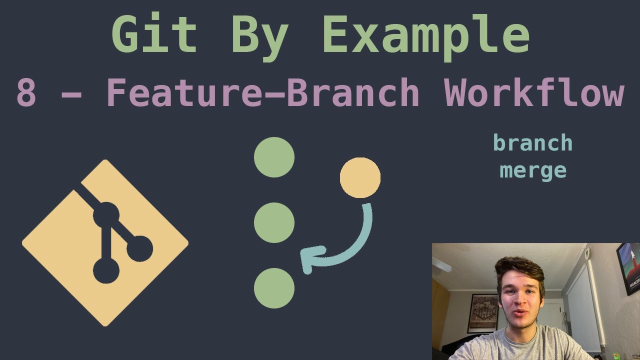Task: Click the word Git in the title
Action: pos(154,35)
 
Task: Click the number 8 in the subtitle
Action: pos(26,93)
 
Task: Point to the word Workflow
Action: pos(534,93)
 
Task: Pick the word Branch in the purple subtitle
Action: pos(352,93)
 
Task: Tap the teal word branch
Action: pos(532,143)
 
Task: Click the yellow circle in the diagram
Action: pos(360,177)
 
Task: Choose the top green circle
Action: pos(274,157)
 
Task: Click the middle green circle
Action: pos(274,222)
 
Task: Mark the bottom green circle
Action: pos(274,288)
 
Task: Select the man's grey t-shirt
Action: pos(520,348)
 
